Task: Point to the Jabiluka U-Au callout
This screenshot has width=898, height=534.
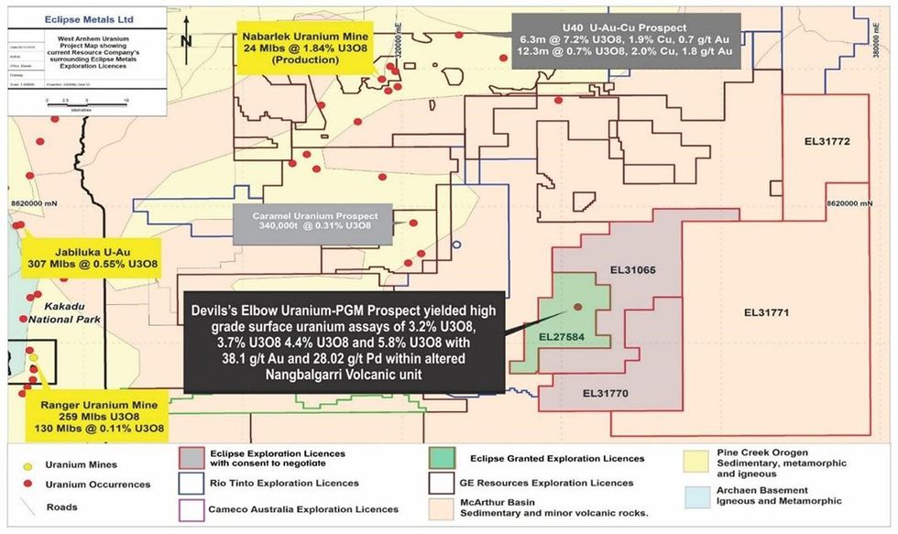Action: pyautogui.click(x=93, y=254)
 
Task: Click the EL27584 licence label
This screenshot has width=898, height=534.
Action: pyautogui.click(x=555, y=339)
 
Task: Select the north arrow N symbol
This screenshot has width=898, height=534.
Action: pyautogui.click(x=187, y=38)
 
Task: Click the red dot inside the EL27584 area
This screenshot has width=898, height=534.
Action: pyautogui.click(x=577, y=307)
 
